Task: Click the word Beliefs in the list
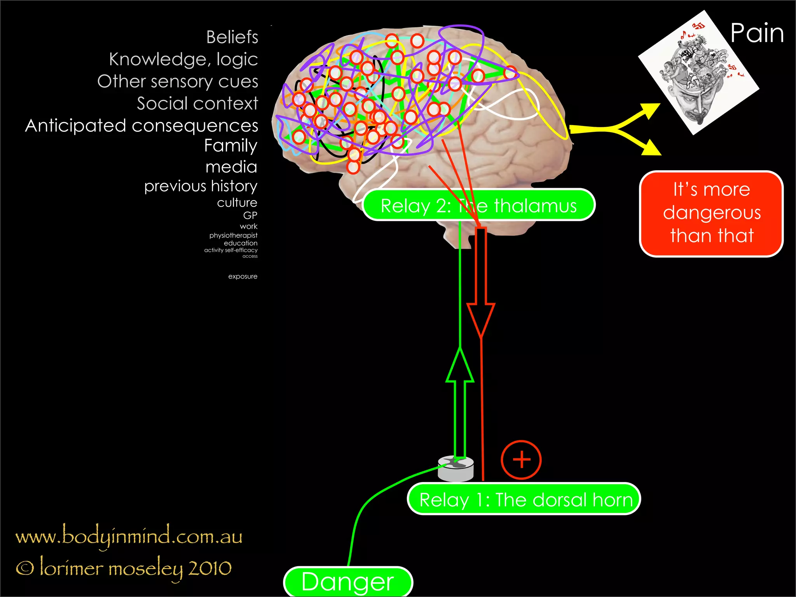(x=232, y=37)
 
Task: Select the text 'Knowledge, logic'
(x=183, y=59)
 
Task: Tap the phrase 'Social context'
(x=197, y=103)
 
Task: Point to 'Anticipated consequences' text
(x=142, y=126)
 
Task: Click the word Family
(x=231, y=146)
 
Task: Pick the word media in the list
(x=231, y=167)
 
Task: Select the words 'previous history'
(x=201, y=186)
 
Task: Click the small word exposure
(x=243, y=276)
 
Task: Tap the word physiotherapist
(x=233, y=235)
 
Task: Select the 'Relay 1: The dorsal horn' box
(x=524, y=499)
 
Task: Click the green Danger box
(x=348, y=582)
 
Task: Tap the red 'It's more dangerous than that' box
(x=711, y=213)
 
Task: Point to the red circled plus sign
(x=521, y=460)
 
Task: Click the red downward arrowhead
(x=481, y=319)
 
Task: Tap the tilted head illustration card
(x=698, y=73)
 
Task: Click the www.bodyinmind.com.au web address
(x=129, y=537)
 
